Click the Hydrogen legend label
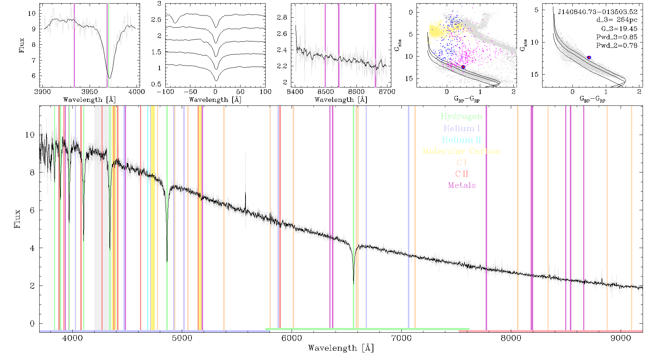461,117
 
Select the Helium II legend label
462,140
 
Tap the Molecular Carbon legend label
462,151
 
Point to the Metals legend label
462,185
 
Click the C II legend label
462,174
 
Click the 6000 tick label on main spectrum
292,338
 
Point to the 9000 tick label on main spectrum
621,338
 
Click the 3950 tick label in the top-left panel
90,92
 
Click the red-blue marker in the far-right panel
589,58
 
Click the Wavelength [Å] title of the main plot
341,348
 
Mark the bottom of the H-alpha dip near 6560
354,284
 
